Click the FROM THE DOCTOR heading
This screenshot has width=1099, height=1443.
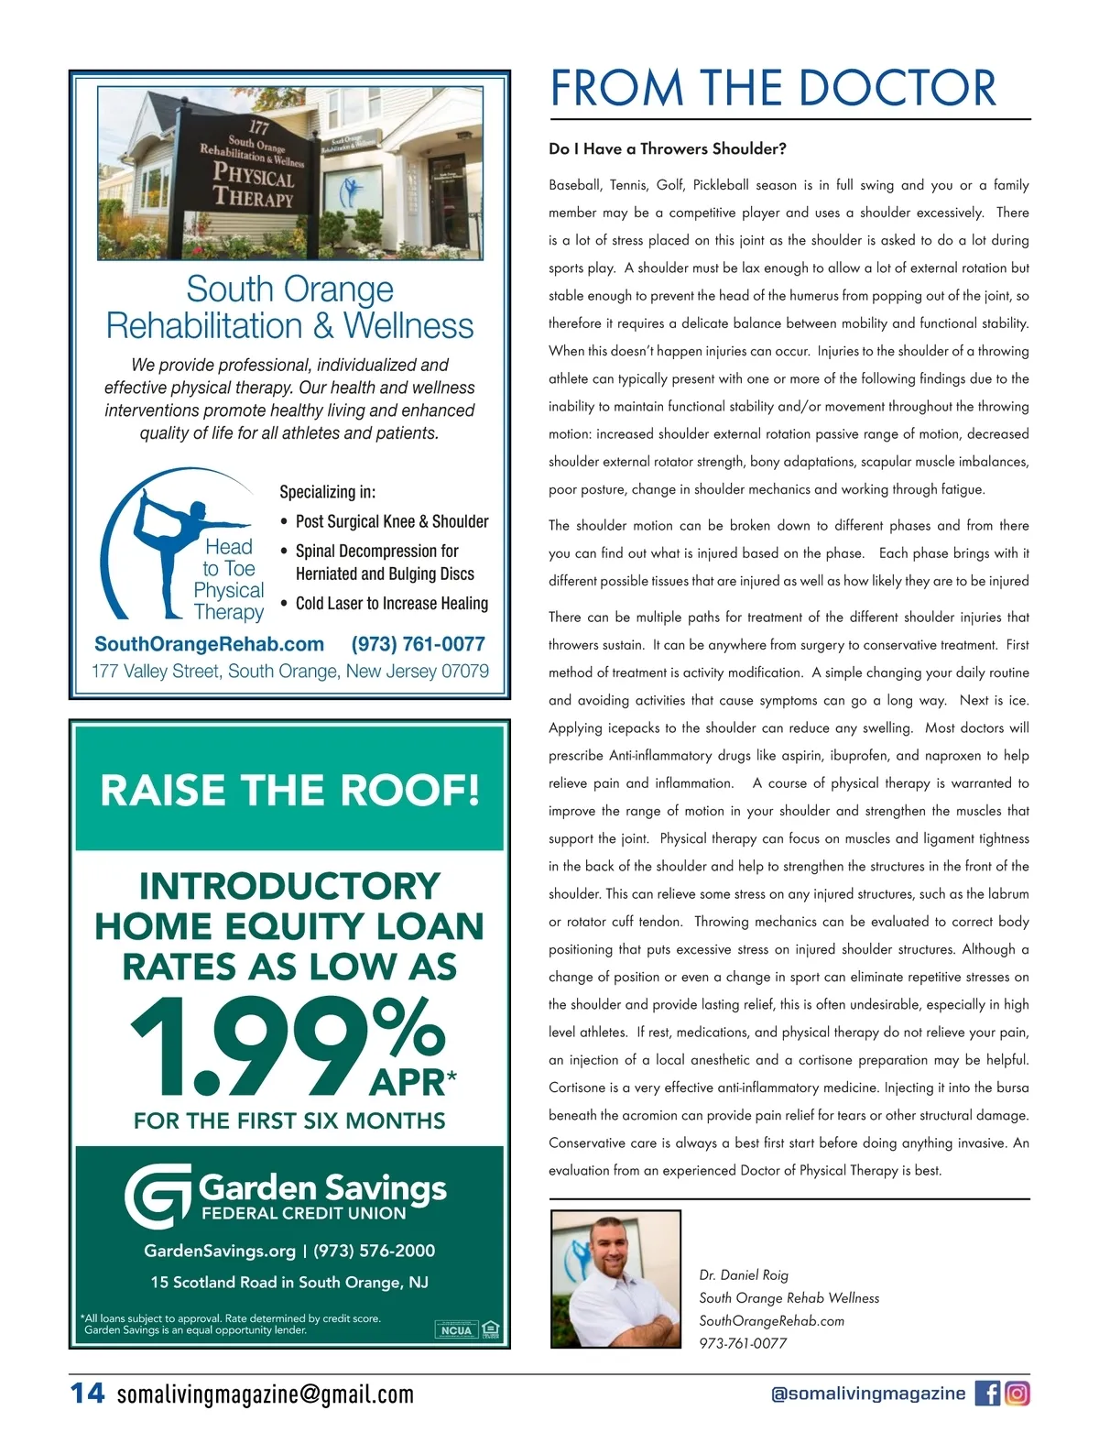point(772,88)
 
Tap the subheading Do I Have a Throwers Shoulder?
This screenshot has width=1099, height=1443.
point(667,148)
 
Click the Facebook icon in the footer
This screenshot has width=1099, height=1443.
point(987,1394)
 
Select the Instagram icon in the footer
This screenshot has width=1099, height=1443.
point(1017,1394)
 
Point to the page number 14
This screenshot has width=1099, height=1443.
point(88,1394)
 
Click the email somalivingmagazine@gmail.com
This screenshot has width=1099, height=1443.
point(265,1394)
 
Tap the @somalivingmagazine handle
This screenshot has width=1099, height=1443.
point(868,1394)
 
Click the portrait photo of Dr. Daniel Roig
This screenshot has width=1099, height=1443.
point(615,1278)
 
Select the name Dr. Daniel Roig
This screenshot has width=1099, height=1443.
point(743,1274)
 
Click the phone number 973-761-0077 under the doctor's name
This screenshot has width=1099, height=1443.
point(743,1343)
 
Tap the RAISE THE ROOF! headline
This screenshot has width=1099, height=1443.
point(289,790)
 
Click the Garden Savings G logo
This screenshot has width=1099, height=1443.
point(158,1196)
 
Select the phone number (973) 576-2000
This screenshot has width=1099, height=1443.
point(374,1251)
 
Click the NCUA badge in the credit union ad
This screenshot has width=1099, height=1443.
point(456,1329)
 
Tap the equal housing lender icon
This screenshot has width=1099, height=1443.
point(491,1328)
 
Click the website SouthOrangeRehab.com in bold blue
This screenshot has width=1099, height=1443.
point(209,644)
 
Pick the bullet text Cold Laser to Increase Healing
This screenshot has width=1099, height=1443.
point(391,603)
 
